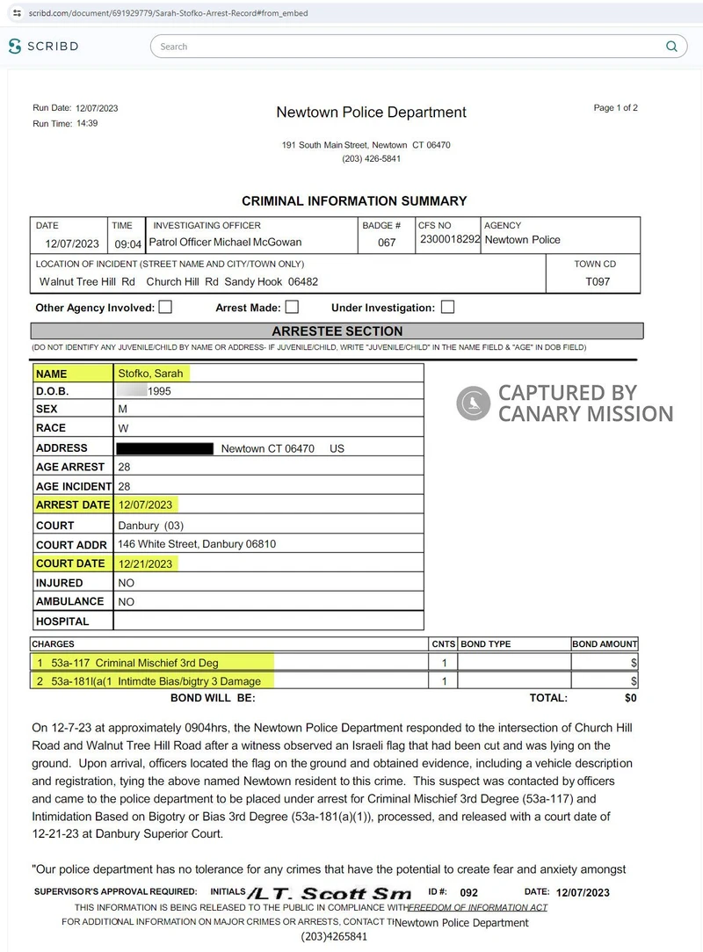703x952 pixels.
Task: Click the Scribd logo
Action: click(x=45, y=47)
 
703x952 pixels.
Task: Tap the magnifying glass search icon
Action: click(x=671, y=47)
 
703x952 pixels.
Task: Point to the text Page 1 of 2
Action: click(x=615, y=108)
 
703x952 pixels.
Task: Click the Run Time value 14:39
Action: click(x=87, y=124)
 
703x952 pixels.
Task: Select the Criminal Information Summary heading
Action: click(x=354, y=201)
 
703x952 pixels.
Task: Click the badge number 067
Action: click(x=387, y=243)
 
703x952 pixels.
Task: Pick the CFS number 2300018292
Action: click(x=450, y=240)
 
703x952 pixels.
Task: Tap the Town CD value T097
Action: click(x=598, y=282)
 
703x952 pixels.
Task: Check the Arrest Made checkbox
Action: click(x=292, y=308)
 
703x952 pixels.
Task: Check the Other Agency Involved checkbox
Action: click(x=165, y=308)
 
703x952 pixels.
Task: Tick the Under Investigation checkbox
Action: click(x=447, y=308)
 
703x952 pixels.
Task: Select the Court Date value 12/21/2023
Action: click(x=146, y=563)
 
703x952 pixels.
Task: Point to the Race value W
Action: click(x=123, y=428)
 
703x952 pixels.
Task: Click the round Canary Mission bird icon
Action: click(x=473, y=403)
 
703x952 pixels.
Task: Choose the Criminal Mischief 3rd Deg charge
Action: click(x=156, y=663)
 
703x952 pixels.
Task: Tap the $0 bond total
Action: click(x=629, y=698)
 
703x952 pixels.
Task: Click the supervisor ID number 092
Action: click(x=468, y=893)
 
